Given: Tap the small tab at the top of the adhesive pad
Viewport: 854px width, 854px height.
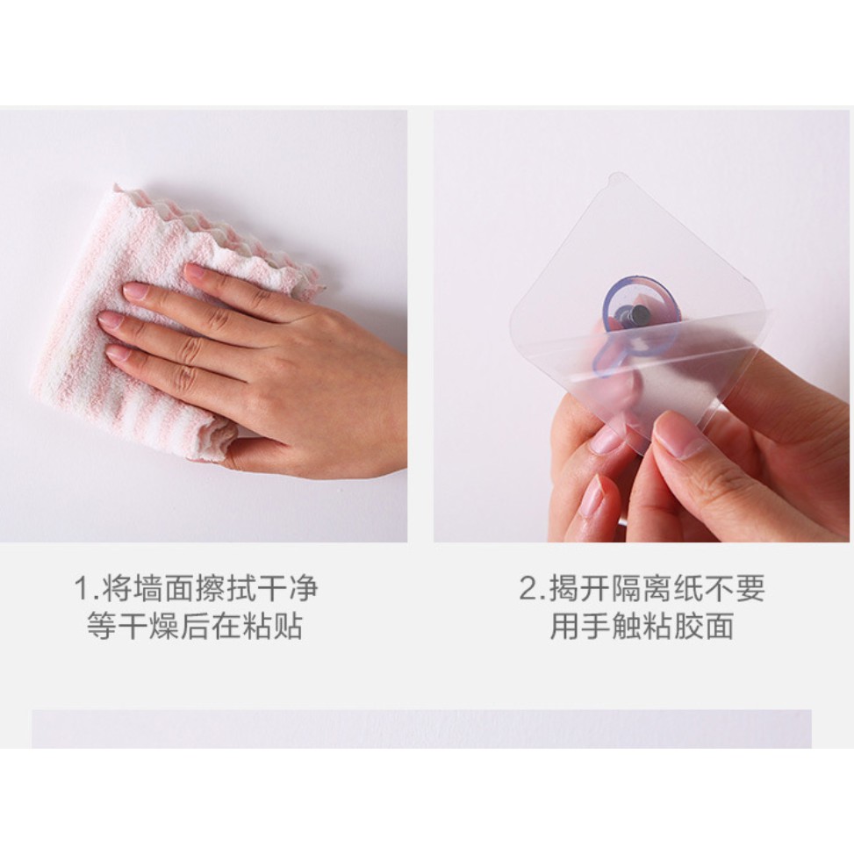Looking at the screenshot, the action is click(616, 178).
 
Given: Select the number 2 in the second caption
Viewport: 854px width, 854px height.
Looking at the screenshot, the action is click(529, 588).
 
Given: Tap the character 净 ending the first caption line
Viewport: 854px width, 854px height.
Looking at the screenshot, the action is click(304, 589).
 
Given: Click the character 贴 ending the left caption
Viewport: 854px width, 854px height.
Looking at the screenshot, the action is click(289, 626).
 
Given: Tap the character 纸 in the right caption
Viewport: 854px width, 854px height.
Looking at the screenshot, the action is click(689, 588).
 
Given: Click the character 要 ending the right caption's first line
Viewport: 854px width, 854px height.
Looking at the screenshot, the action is click(751, 588).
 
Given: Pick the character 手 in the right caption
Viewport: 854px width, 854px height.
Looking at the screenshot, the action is click(596, 626).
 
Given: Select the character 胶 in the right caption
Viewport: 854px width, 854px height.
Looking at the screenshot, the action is click(689, 626).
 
